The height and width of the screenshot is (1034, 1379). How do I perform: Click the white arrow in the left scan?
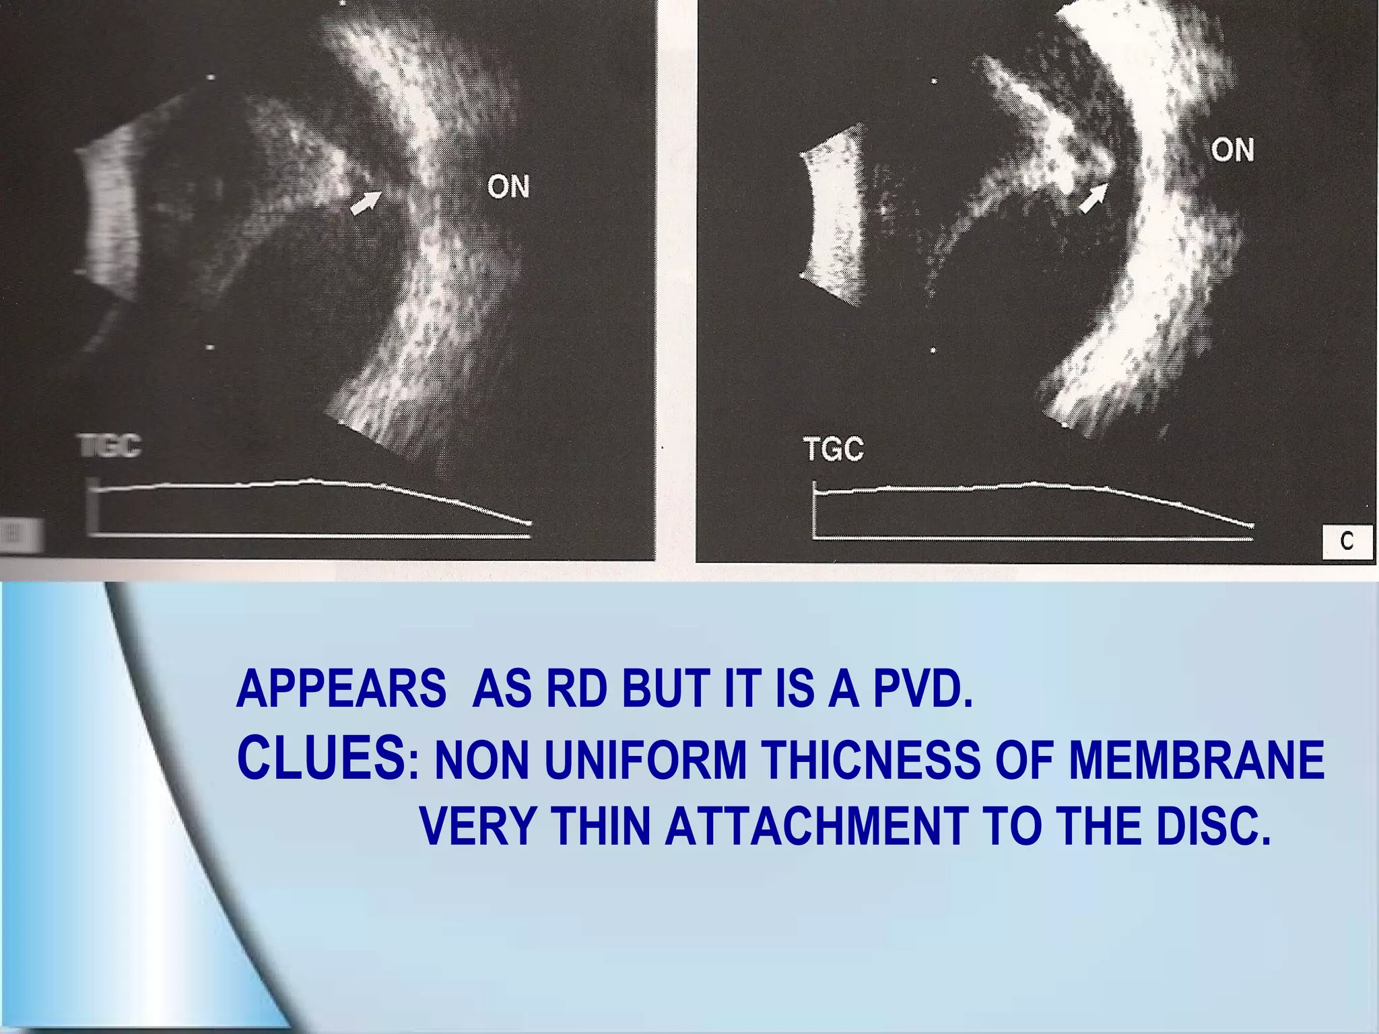pyautogui.click(x=366, y=202)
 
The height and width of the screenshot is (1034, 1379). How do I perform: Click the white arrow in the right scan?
pyautogui.click(x=1093, y=198)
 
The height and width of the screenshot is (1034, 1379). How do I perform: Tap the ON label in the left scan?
pyautogui.click(x=508, y=186)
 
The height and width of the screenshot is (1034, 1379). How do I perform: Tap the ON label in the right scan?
pyautogui.click(x=1232, y=149)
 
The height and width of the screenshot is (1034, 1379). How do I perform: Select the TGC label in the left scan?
pyautogui.click(x=110, y=446)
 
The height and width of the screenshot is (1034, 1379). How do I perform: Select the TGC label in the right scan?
pyautogui.click(x=834, y=449)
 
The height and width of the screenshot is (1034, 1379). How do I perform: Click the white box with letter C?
pyautogui.click(x=1347, y=541)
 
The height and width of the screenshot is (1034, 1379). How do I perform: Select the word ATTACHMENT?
pyautogui.click(x=816, y=826)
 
